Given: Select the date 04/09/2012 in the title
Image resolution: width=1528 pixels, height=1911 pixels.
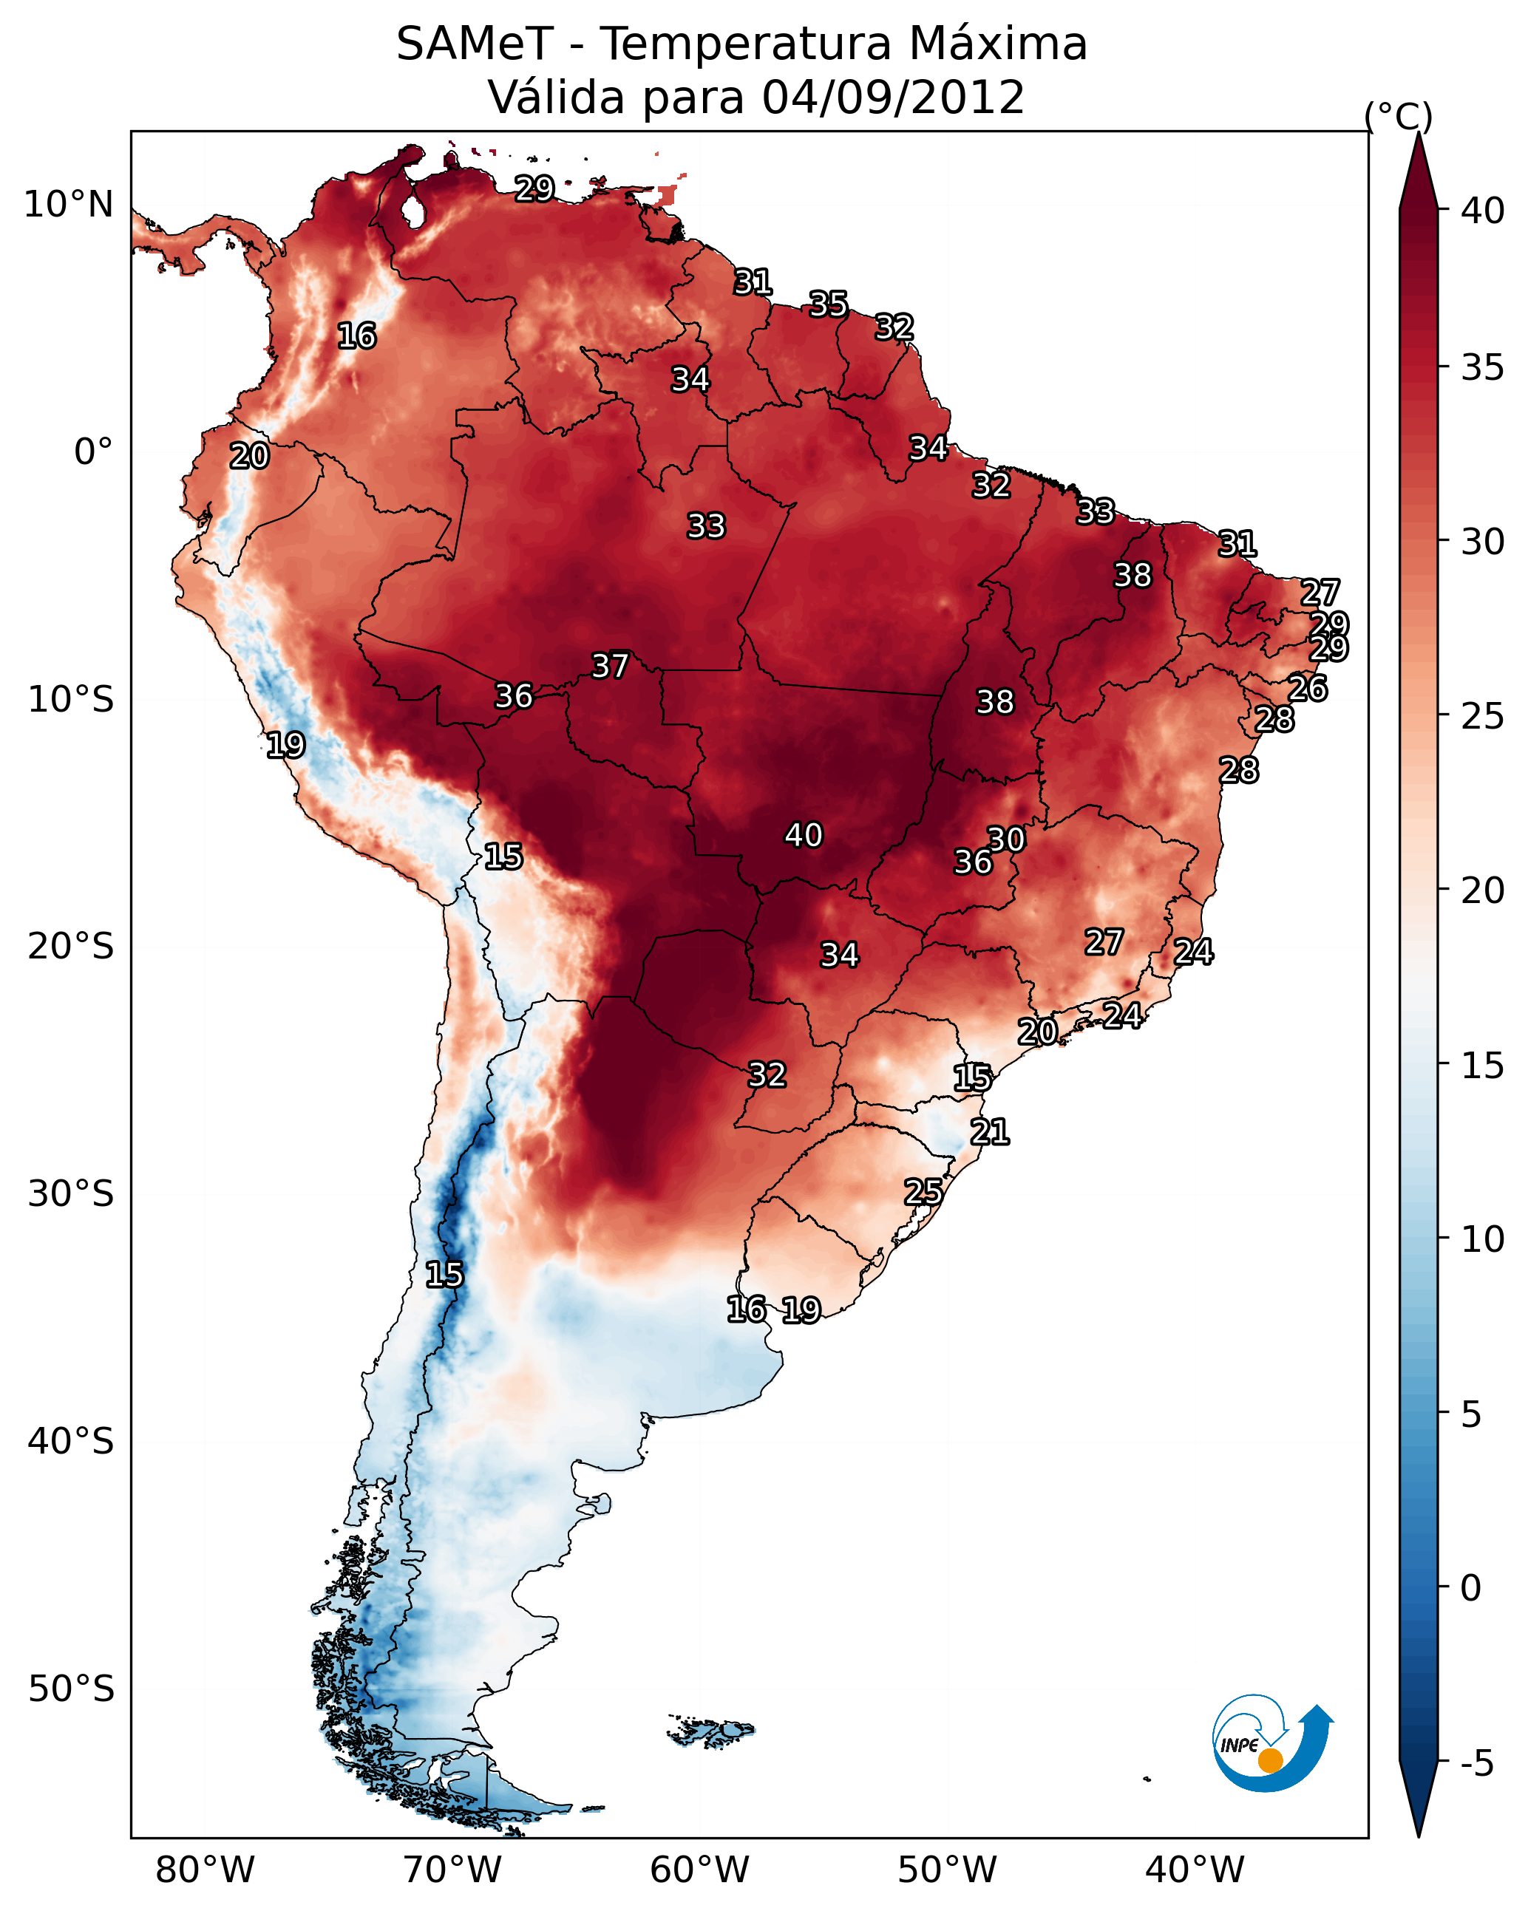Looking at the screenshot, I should [892, 98].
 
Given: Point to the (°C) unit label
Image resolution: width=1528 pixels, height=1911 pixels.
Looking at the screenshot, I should [1398, 116].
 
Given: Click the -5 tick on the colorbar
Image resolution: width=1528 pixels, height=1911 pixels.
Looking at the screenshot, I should [1476, 1764].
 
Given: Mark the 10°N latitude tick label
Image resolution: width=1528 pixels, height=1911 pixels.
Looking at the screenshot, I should [68, 205].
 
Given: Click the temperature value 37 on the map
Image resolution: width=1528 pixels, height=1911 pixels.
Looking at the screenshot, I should [610, 666].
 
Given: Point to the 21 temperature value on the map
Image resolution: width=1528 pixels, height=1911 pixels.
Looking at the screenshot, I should [990, 1132].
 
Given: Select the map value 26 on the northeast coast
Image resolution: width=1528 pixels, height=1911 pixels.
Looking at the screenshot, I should [1307, 689].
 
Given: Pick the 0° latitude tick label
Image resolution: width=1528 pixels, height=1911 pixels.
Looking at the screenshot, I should [93, 452].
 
